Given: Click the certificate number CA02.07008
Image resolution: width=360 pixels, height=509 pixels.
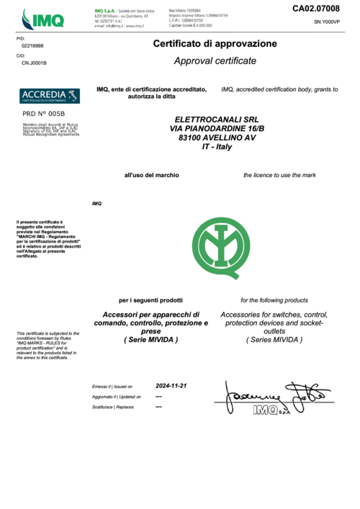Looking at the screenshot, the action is pyautogui.click(x=315, y=9).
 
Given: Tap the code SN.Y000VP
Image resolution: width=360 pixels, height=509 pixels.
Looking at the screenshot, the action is pyautogui.click(x=327, y=22).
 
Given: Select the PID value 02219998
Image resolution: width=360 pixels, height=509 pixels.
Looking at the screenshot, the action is pyautogui.click(x=32, y=45).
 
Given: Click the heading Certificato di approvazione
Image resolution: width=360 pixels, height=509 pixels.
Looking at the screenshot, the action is pyautogui.click(x=215, y=44).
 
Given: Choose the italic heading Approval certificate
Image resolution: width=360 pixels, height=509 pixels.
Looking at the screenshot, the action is pyautogui.click(x=215, y=61).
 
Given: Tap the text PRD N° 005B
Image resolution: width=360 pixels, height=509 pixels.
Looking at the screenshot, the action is pyautogui.click(x=44, y=114).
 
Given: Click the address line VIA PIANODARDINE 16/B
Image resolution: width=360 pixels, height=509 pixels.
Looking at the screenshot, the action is pyautogui.click(x=216, y=127).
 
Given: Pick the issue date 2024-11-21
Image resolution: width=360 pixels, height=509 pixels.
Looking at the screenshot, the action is pyautogui.click(x=171, y=386).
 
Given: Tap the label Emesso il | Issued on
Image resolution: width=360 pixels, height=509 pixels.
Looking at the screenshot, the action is pyautogui.click(x=113, y=387).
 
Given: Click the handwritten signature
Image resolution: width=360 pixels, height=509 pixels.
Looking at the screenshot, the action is pyautogui.click(x=274, y=395).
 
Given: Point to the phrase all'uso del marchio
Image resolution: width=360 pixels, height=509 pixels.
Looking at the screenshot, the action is pyautogui.click(x=151, y=175).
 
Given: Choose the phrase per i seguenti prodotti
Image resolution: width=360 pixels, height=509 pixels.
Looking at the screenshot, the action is pyautogui.click(x=150, y=299).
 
